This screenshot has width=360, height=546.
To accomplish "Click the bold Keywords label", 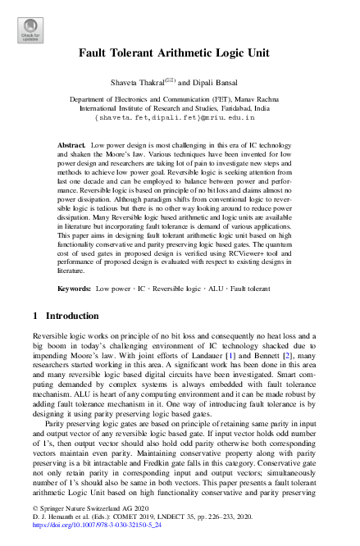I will [x=75, y=290].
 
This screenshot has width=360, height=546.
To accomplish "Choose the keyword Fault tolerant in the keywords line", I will [x=250, y=290].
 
